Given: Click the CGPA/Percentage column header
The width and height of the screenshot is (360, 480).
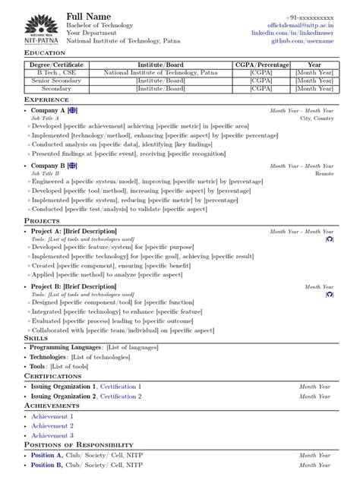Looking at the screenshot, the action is [x=261, y=65].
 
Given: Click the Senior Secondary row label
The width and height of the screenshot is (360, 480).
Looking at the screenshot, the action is [x=52, y=81].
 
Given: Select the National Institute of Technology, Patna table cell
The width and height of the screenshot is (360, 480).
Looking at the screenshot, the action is [x=160, y=73].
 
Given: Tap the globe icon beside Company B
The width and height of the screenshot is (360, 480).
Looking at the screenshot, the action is [x=73, y=165].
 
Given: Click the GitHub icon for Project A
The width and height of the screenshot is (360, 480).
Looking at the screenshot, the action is [x=329, y=238].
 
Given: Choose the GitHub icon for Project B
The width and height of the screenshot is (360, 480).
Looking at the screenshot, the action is [x=329, y=294].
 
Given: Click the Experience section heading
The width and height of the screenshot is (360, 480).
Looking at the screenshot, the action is [x=47, y=99].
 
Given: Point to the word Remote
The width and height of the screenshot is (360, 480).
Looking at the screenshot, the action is [x=324, y=173].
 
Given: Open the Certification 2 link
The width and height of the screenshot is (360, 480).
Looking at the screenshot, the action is [x=120, y=396].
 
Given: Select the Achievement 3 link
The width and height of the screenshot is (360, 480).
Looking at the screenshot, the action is [x=52, y=435].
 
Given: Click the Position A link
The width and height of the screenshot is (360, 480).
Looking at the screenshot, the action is [x=47, y=455].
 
